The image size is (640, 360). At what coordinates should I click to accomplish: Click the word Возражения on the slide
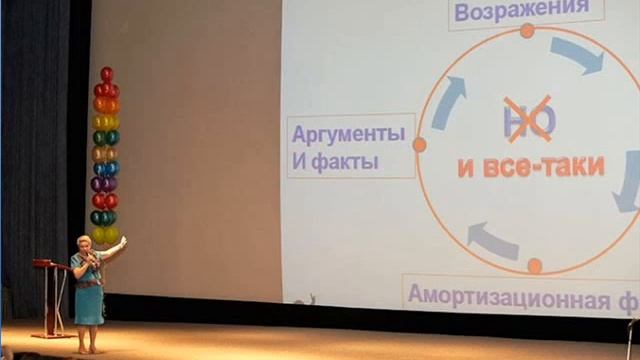click(516, 11)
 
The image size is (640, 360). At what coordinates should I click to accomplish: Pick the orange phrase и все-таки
click(531, 166)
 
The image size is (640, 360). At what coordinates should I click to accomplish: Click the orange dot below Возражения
click(527, 31)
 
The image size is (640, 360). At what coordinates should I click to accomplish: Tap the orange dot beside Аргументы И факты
click(419, 145)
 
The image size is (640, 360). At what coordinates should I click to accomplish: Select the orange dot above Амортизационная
click(534, 266)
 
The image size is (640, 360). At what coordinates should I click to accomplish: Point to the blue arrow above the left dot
click(449, 101)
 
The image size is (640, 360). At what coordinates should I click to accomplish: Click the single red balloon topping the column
click(106, 74)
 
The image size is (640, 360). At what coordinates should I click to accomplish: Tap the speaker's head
click(83, 243)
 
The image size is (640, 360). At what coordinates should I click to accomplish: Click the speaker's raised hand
click(123, 240)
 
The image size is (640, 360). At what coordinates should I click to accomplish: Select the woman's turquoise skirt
click(88, 304)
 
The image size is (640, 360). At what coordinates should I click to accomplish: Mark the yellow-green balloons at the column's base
click(105, 235)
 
